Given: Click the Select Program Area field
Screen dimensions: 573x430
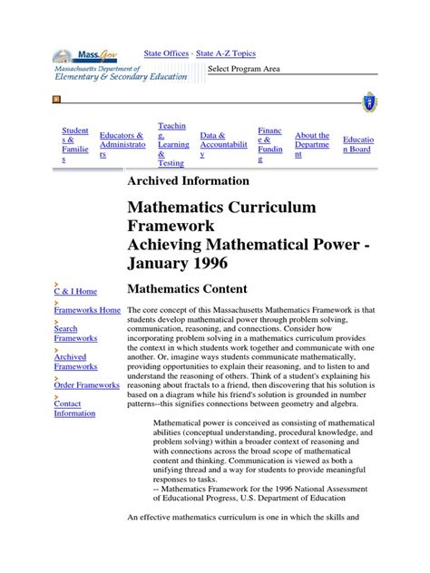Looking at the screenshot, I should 290,69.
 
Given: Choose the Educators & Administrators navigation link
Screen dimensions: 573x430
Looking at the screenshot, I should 122,145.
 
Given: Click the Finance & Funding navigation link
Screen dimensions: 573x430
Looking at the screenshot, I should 270,145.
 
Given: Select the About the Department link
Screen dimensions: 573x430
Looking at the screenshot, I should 312,145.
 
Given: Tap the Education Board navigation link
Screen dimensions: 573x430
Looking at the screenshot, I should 357,145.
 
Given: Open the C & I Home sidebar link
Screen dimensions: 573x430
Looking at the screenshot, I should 75,291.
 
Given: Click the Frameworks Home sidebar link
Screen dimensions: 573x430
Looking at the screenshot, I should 87,310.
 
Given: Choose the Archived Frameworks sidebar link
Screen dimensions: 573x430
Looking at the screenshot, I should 74,362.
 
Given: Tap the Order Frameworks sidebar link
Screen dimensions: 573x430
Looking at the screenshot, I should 87,385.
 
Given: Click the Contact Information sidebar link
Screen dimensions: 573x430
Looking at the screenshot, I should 74,408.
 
